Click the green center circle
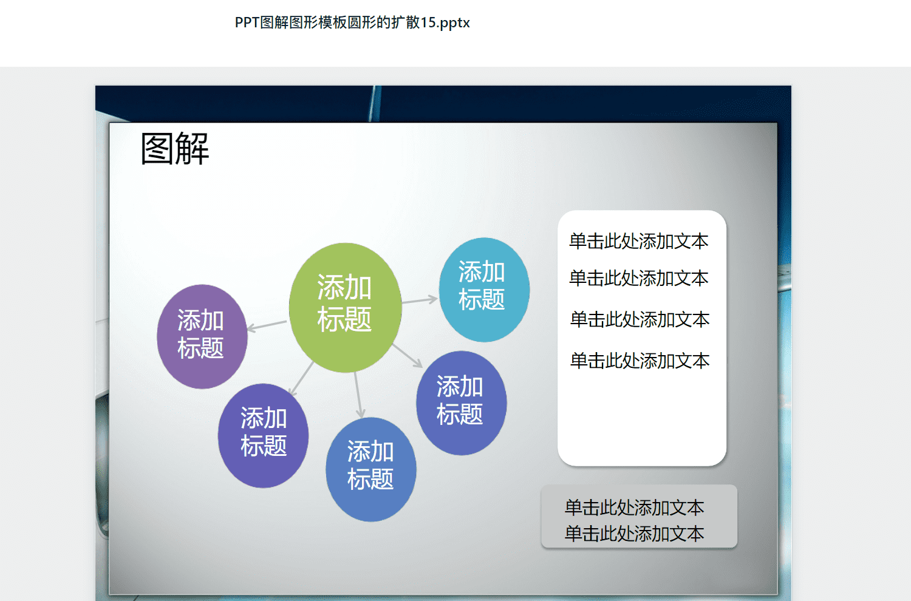[346, 308]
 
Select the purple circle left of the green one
[202, 336]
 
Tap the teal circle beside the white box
[484, 290]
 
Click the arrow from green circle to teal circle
[420, 300]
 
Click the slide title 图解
[175, 149]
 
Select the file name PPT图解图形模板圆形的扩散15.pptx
[352, 23]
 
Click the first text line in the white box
[638, 241]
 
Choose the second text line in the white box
[638, 278]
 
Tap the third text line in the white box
[640, 319]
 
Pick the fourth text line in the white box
[640, 361]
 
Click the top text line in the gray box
[635, 508]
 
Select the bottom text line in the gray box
[635, 534]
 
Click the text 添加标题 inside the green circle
[344, 303]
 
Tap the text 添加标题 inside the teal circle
[482, 285]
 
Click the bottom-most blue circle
[371, 469]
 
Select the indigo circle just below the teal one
[461, 403]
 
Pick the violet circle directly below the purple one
[263, 435]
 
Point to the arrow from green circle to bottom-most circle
[358, 395]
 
